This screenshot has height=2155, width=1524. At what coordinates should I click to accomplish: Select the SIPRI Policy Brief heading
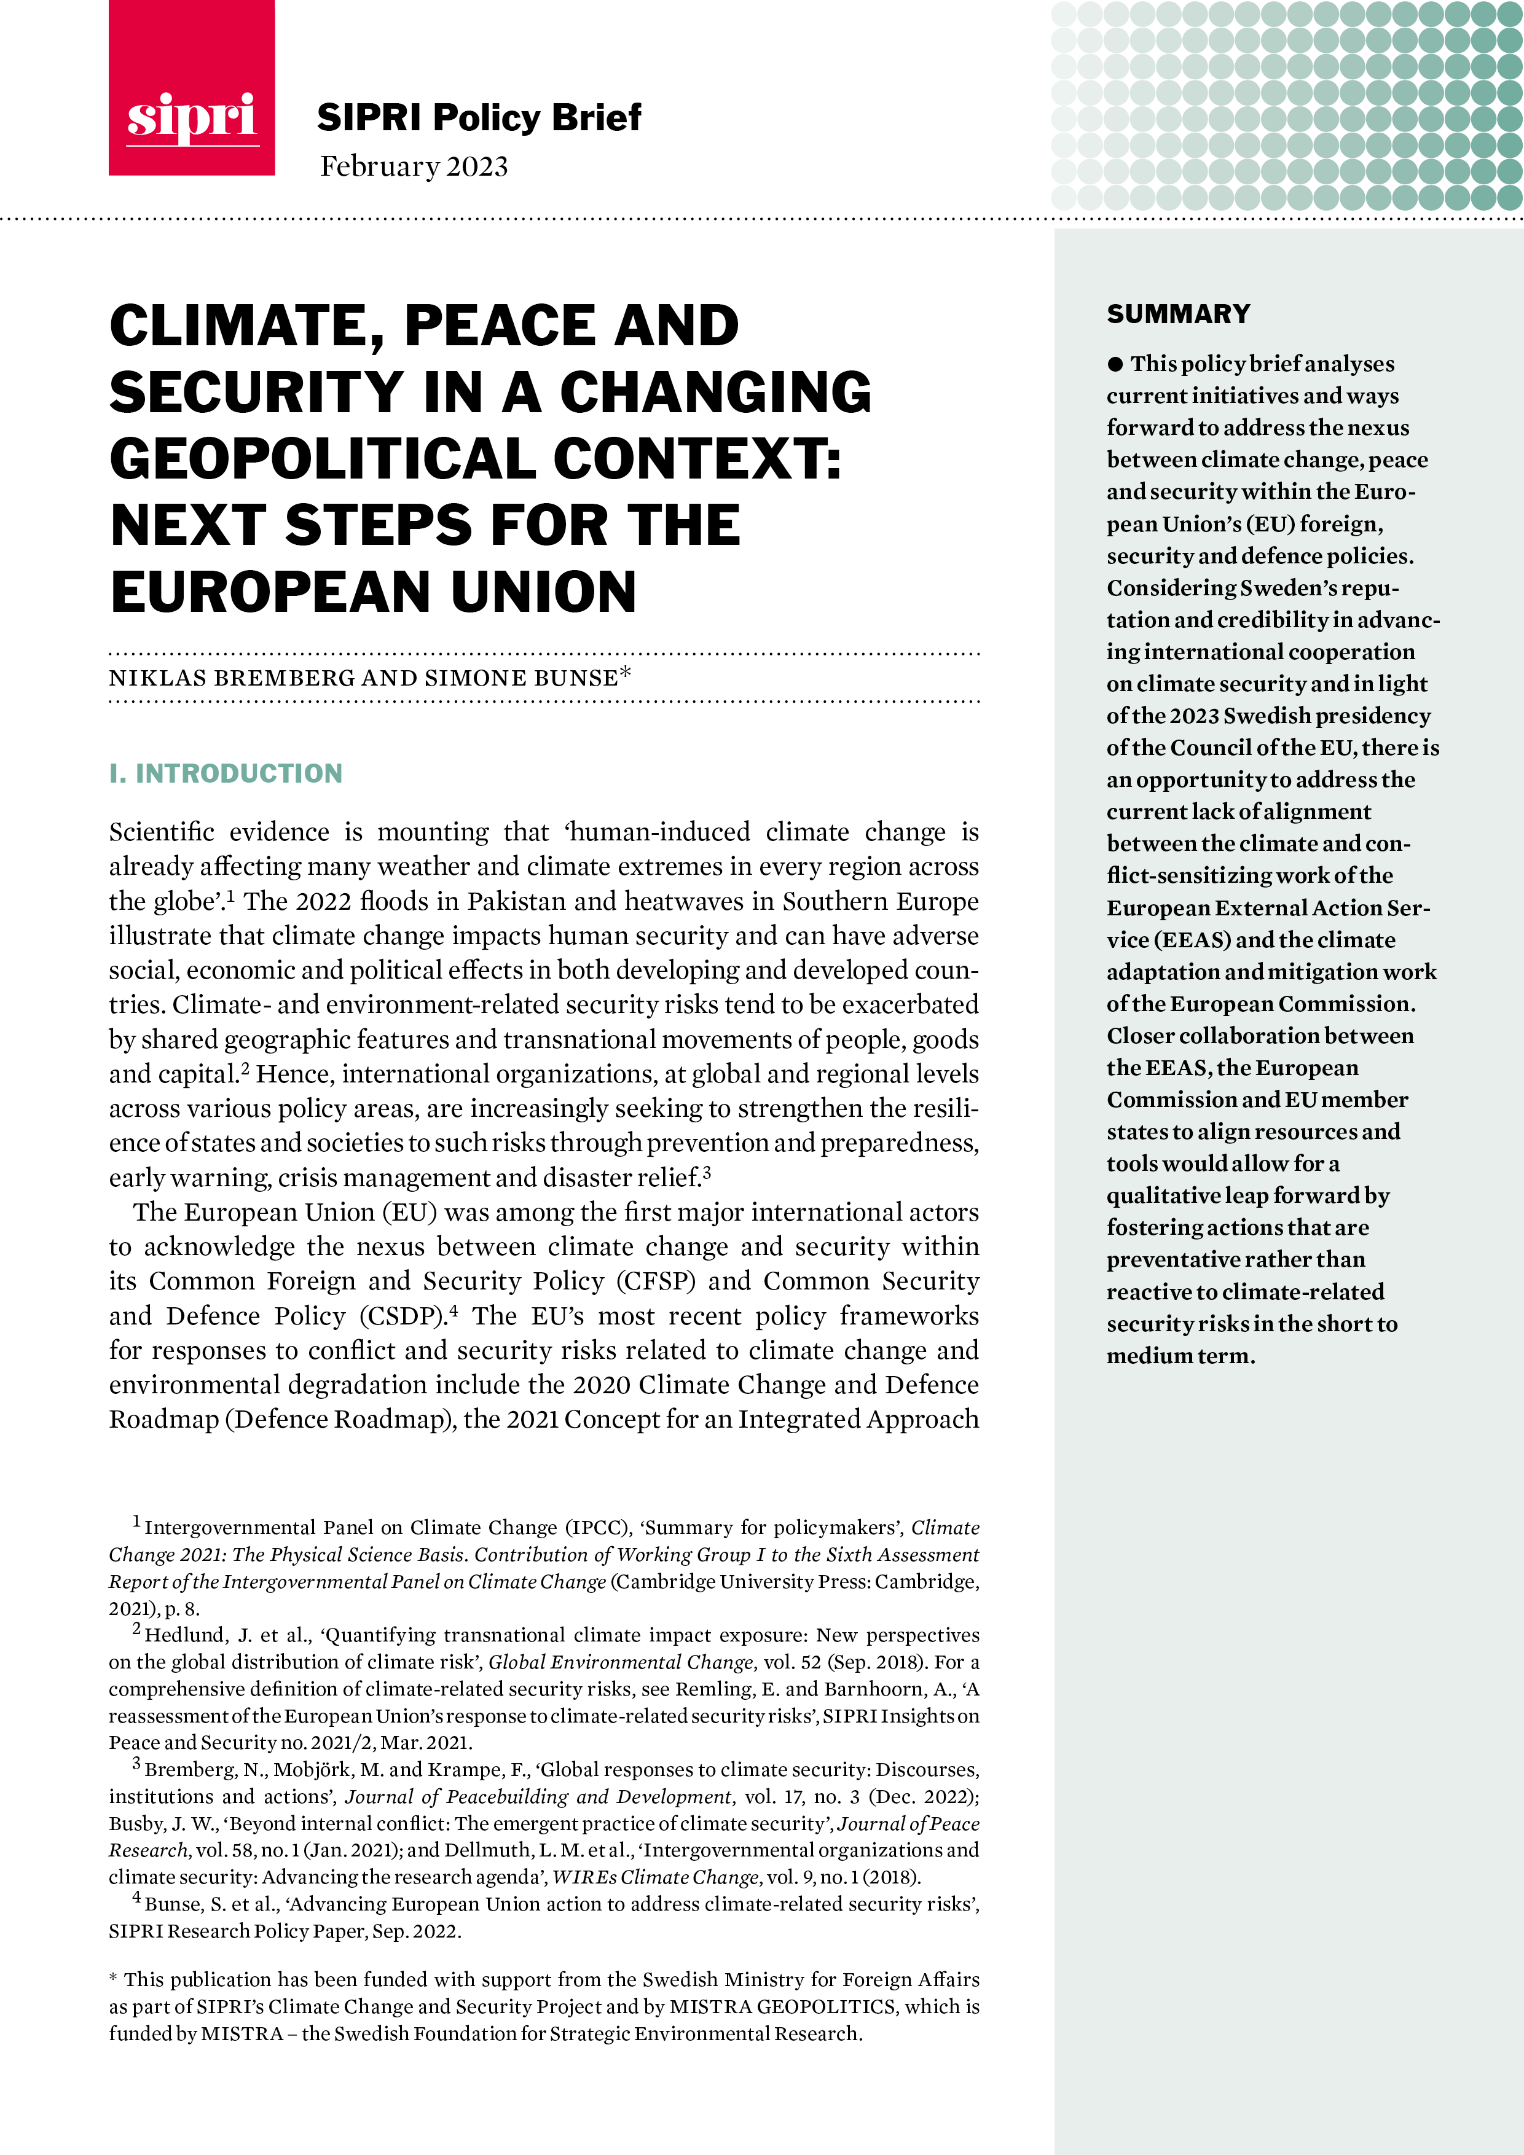[478, 117]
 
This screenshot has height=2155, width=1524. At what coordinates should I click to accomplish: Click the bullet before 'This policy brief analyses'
[1115, 364]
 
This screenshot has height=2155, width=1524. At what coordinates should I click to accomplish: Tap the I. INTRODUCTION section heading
[226, 773]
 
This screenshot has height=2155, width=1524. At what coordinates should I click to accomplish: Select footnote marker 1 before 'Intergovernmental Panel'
[136, 1522]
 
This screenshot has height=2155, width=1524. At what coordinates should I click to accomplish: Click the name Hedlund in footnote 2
[181, 1635]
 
